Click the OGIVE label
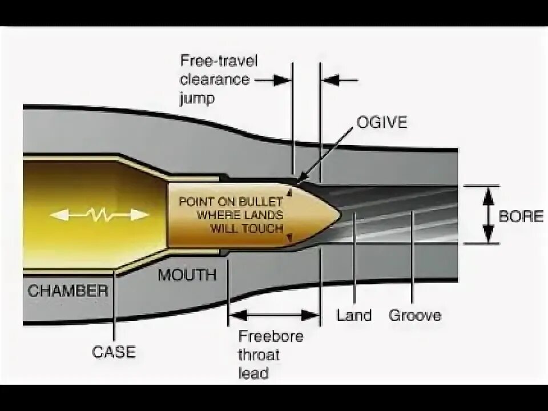click(x=382, y=122)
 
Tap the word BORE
click(x=521, y=216)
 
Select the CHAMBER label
click(x=68, y=291)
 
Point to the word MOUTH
click(x=187, y=275)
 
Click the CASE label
click(x=114, y=352)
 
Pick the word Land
click(x=354, y=315)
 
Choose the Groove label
click(x=415, y=315)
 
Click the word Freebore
click(x=271, y=336)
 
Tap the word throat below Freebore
click(x=259, y=355)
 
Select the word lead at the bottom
click(x=253, y=373)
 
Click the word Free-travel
click(x=219, y=61)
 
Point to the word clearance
click(x=215, y=79)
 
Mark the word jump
click(x=197, y=98)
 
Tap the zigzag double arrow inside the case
click(x=99, y=215)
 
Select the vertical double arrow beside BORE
click(x=488, y=215)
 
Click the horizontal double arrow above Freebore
click(x=274, y=314)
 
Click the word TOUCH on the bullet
click(x=263, y=228)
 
